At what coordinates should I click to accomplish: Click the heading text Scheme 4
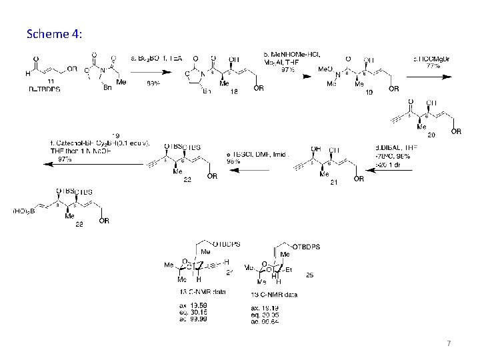(x=55, y=33)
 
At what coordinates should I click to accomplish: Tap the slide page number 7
(x=449, y=343)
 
